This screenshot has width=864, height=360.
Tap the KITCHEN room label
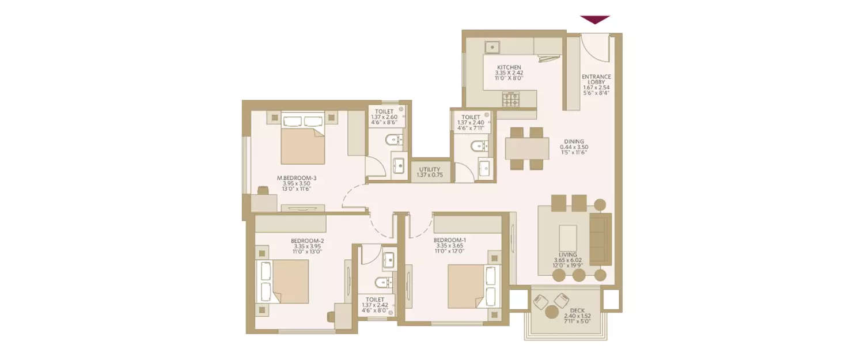tap(509, 73)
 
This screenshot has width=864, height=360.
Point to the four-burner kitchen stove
tap(511, 100)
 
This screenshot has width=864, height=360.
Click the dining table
tap(526, 148)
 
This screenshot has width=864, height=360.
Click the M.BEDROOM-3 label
tap(296, 184)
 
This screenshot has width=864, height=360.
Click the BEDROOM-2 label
tap(307, 246)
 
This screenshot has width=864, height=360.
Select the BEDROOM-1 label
tap(449, 245)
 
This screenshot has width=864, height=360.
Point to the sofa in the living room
tap(600, 238)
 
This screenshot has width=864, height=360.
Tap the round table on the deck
tap(552, 312)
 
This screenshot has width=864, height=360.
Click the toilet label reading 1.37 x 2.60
tap(384, 117)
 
